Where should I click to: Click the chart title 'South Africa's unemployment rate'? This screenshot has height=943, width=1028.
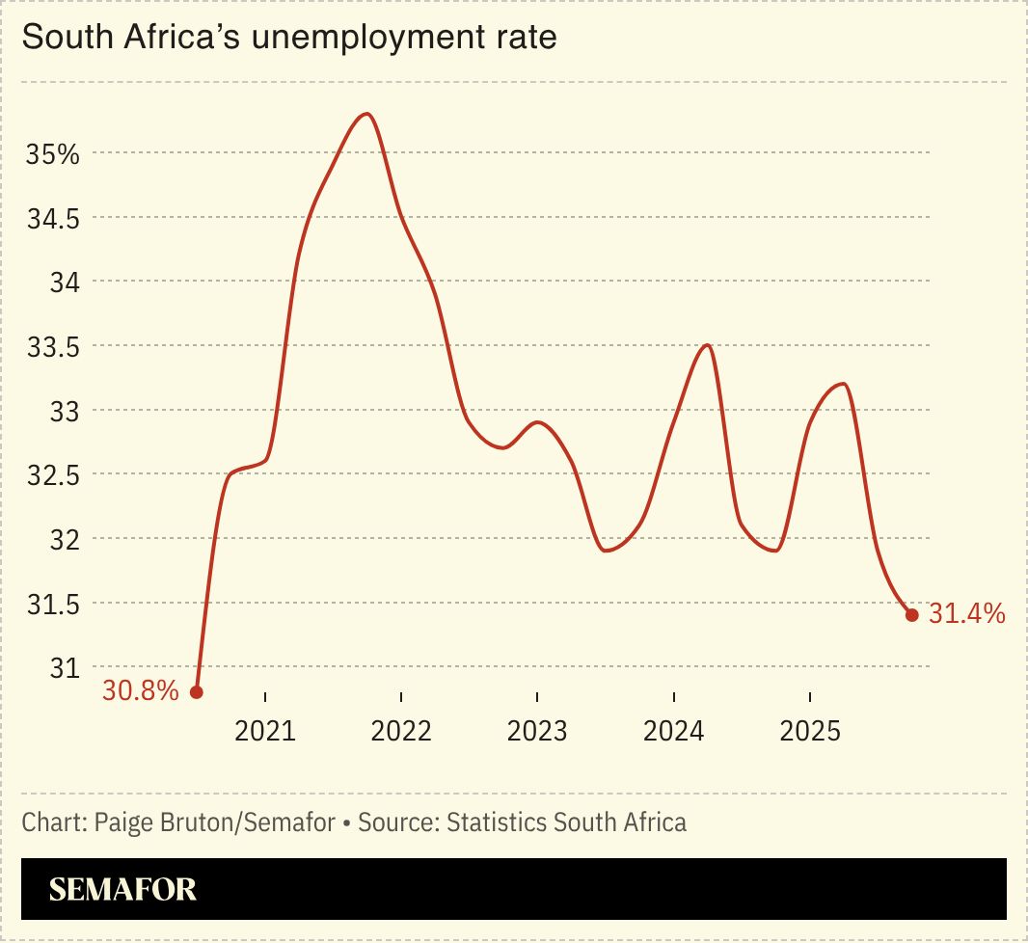(x=289, y=39)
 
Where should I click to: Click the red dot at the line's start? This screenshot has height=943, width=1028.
(x=197, y=692)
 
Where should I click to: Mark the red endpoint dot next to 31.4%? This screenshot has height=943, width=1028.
(x=911, y=614)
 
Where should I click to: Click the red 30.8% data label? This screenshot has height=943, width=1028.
(x=141, y=691)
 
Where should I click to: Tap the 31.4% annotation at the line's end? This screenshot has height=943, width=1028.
(x=967, y=613)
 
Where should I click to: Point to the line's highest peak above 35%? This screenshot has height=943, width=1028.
(x=366, y=114)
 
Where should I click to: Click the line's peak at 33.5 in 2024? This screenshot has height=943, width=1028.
(x=708, y=345)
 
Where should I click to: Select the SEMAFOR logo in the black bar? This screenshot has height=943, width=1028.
(x=122, y=889)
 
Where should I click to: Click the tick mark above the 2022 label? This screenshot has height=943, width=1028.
(x=401, y=697)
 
